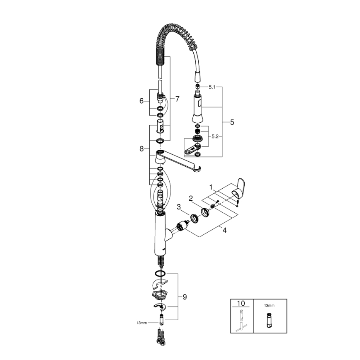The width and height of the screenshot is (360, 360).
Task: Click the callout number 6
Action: coord(141,101)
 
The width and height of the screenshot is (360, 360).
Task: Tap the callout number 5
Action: coord(232,122)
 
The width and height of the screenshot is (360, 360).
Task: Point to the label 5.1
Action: coord(212,87)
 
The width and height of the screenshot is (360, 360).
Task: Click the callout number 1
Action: coord(211,187)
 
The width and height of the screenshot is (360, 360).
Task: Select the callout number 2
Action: coord(191,198)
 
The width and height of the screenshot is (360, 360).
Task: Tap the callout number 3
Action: coord(178,207)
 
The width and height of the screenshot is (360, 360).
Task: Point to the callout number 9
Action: coord(185,297)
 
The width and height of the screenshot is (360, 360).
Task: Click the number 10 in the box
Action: coord(241,304)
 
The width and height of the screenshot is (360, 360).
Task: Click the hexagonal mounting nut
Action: coord(160,295)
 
